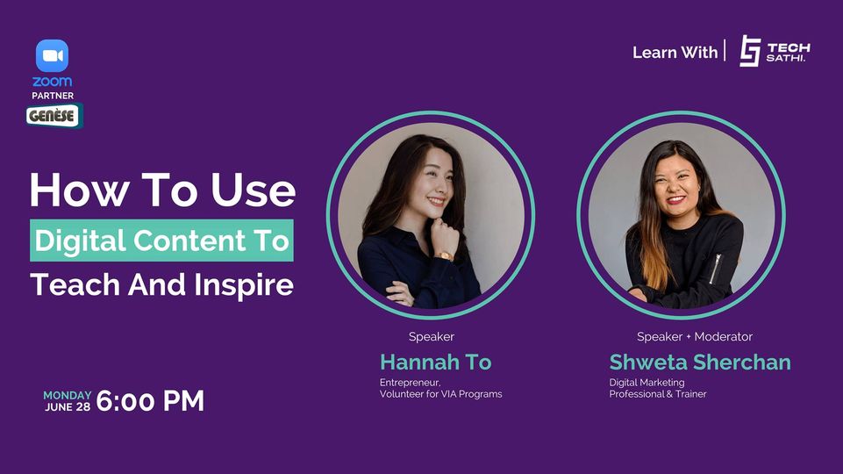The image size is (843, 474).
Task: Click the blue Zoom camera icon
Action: (x=52, y=55)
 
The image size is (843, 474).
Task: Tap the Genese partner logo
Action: (x=54, y=116)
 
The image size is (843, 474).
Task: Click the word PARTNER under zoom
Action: (x=53, y=96)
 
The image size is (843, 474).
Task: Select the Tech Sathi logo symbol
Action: (x=750, y=51)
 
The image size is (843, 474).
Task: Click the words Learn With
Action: (x=675, y=52)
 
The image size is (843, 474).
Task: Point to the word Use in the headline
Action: (x=254, y=190)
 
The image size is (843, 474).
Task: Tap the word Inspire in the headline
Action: (x=244, y=285)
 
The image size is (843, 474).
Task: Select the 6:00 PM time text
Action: (x=150, y=401)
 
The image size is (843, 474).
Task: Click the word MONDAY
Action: (x=68, y=396)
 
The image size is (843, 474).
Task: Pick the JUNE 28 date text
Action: (x=68, y=407)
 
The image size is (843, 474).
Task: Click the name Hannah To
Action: (x=435, y=363)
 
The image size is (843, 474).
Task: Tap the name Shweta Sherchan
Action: (x=700, y=363)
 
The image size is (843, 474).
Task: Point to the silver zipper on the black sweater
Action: (x=716, y=269)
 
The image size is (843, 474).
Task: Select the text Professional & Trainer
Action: (x=658, y=394)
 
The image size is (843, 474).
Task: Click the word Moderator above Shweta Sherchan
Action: (x=723, y=337)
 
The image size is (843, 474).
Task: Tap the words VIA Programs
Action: (x=471, y=394)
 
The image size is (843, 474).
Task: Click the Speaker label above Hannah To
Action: (x=432, y=337)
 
